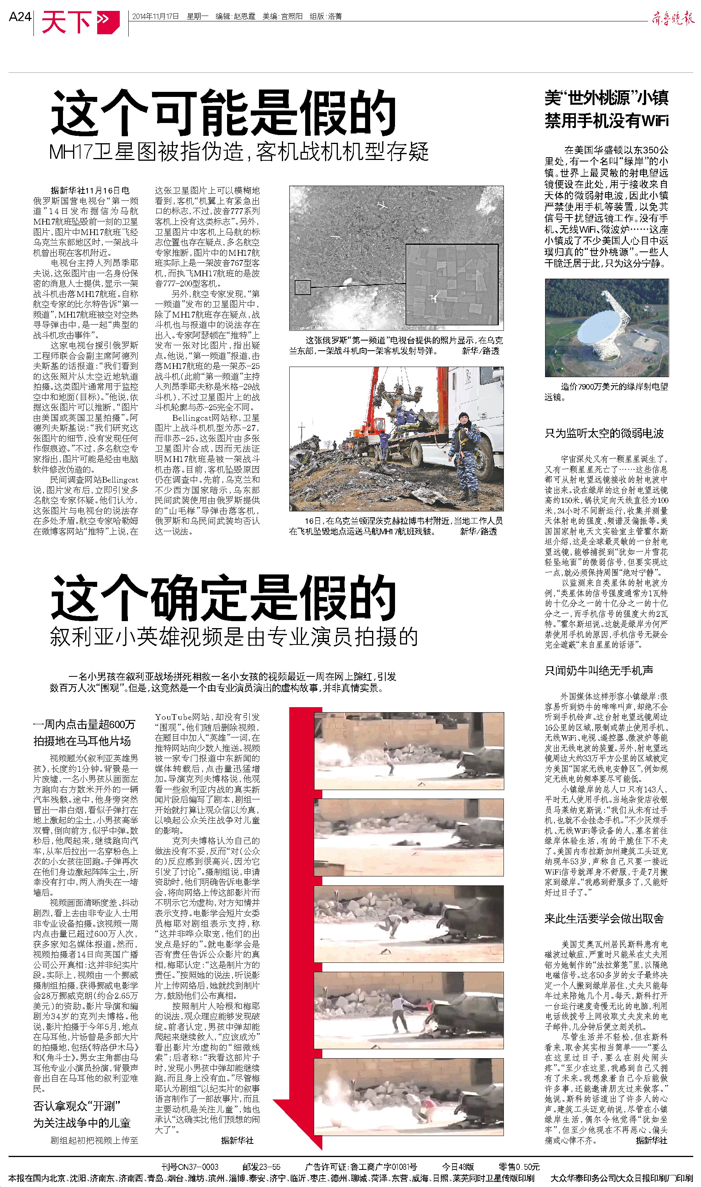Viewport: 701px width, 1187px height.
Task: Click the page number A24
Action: click(20, 17)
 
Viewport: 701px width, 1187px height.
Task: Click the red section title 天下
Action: click(66, 22)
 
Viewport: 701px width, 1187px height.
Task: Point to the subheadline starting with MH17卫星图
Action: click(239, 152)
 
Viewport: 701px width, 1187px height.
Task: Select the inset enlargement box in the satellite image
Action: click(452, 284)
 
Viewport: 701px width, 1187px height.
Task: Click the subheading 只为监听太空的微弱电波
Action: click(604, 433)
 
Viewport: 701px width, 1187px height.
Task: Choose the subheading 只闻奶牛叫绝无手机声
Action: click(598, 670)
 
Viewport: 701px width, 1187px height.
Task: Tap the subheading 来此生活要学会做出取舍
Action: click(604, 918)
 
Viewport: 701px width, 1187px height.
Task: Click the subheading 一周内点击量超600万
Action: click(84, 724)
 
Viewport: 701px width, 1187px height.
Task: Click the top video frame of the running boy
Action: click(409, 751)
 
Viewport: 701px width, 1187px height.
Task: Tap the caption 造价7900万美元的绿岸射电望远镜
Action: click(607, 392)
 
